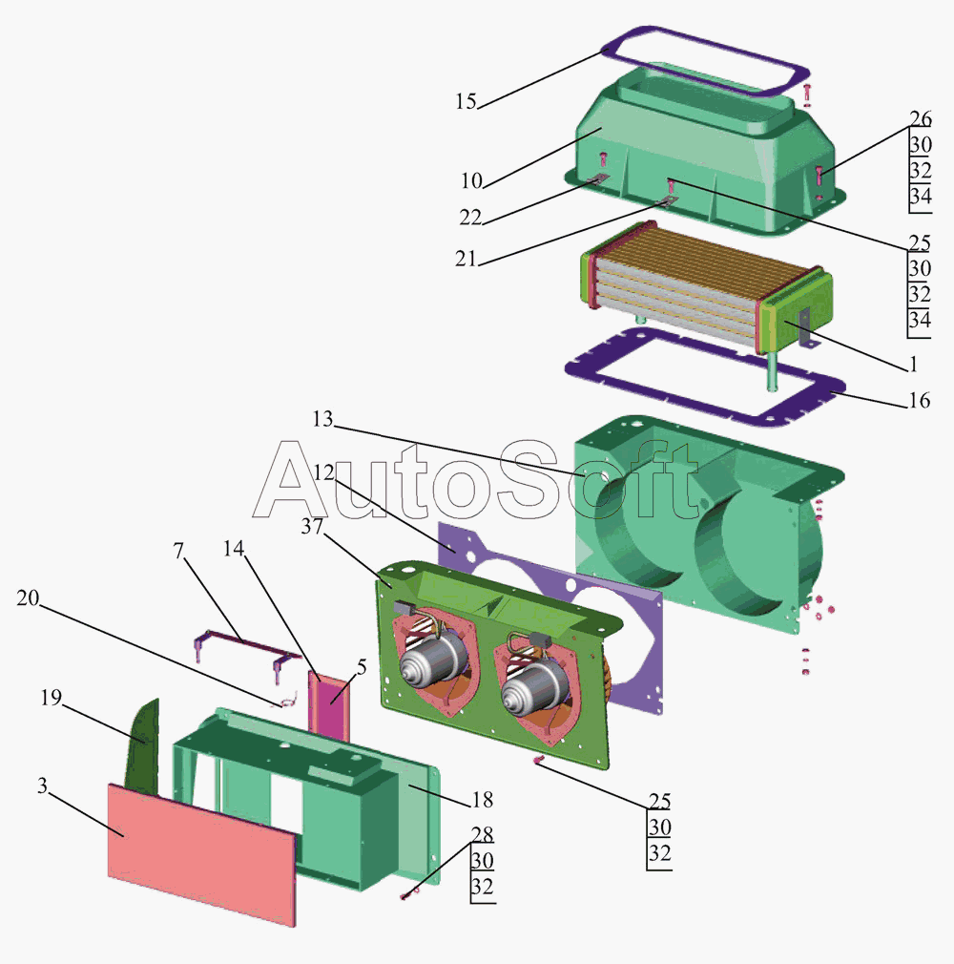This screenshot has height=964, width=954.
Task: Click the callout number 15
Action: [466, 101]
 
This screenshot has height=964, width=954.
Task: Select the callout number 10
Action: [471, 180]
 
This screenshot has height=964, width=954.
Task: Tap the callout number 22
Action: [470, 217]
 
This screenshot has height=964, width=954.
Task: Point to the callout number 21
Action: [466, 259]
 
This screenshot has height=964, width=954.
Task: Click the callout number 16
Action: [919, 400]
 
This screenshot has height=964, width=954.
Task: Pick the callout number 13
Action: [322, 419]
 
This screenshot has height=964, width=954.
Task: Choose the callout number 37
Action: [312, 526]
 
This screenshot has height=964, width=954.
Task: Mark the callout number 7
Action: [178, 551]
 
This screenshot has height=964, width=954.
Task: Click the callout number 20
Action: [28, 597]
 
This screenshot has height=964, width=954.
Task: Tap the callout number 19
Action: [51, 697]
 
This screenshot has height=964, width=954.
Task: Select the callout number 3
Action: [42, 786]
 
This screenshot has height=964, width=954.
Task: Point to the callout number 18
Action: [483, 799]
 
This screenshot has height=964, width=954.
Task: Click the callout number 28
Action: [483, 834]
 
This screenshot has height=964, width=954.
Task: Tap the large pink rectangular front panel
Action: [202, 855]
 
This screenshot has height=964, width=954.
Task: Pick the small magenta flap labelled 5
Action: [329, 705]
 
